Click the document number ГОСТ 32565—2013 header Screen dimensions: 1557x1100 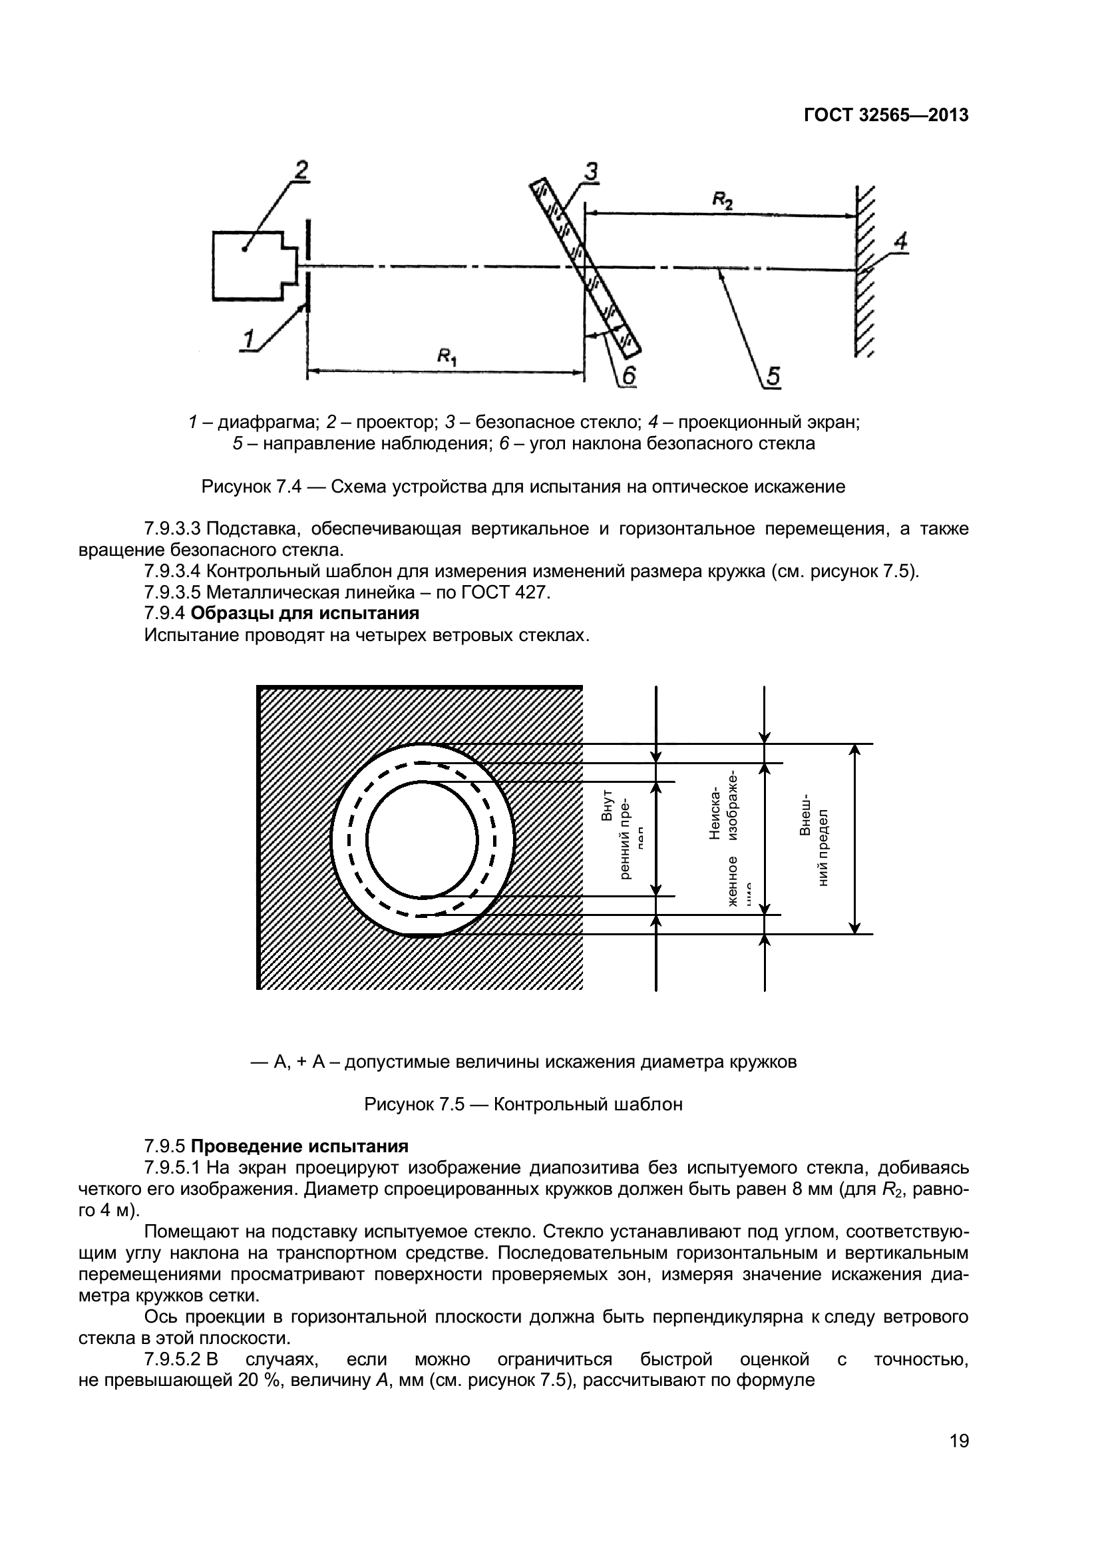[x=886, y=116]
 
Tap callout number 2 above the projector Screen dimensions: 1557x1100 [x=300, y=170]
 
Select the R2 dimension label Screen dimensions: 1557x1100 [x=722, y=200]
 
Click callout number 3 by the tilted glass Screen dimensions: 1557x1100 [x=591, y=172]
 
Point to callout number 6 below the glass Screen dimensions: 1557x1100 [x=628, y=376]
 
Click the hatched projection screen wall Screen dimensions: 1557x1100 [x=864, y=271]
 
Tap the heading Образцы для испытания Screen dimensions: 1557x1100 [x=305, y=613]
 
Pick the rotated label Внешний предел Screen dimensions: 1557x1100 [x=814, y=839]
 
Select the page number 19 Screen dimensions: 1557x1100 [x=959, y=1460]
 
